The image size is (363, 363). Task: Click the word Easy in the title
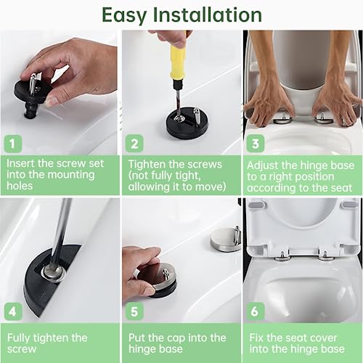[124, 16]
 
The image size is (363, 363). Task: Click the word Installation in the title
[208, 15]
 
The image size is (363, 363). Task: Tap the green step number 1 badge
[13, 144]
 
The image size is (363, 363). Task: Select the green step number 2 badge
[134, 144]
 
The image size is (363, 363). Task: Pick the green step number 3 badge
[256, 144]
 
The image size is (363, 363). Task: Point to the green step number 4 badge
[13, 311]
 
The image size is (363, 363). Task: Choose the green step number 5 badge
[134, 311]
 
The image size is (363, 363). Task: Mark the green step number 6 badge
[256, 311]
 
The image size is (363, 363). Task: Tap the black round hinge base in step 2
[187, 123]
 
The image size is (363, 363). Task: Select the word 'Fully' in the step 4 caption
[19, 338]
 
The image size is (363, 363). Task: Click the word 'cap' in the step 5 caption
[175, 338]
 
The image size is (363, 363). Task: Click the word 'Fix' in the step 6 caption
[256, 338]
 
